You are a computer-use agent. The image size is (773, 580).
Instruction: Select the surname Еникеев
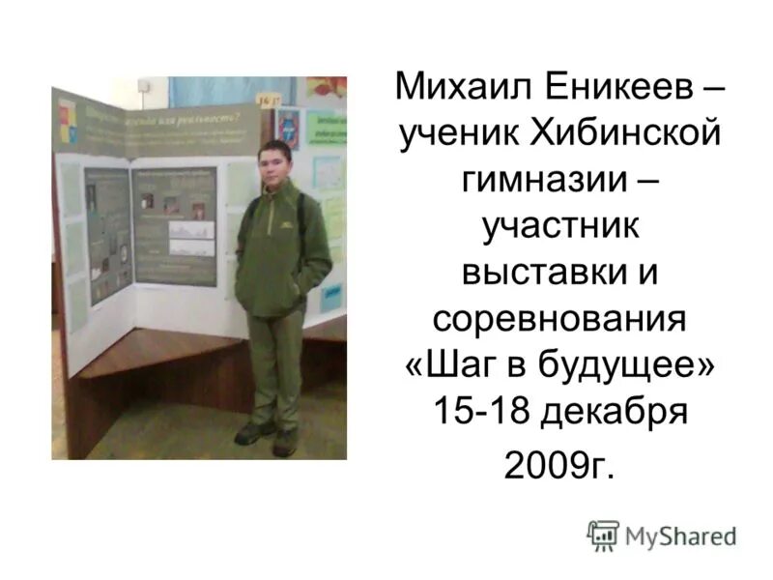point(611,90)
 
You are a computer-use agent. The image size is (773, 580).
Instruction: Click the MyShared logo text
point(680,536)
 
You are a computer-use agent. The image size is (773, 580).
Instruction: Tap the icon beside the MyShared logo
point(603,536)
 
